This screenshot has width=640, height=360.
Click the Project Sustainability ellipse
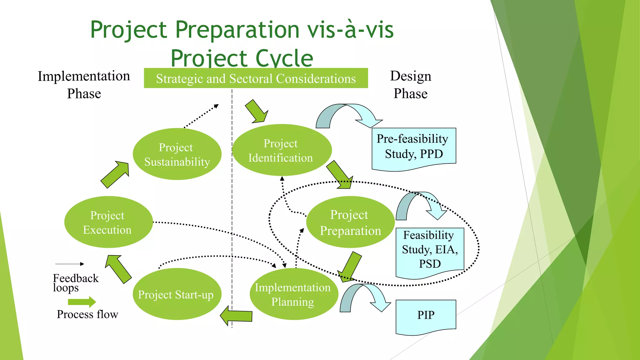177,154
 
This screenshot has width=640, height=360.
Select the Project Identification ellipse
281,150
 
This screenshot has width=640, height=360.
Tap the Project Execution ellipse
108,222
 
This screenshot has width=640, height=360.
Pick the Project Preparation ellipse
350,222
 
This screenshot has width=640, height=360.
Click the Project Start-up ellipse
177,294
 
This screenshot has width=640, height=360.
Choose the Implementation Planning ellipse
293,294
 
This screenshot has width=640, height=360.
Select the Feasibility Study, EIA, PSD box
430,250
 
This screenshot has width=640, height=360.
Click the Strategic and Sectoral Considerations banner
256,78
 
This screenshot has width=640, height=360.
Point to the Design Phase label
410,85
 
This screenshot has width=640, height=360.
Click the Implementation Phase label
84,85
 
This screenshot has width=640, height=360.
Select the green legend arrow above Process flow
82,302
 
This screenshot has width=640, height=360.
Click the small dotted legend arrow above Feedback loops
70,264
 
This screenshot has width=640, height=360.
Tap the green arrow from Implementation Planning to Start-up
237,316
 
